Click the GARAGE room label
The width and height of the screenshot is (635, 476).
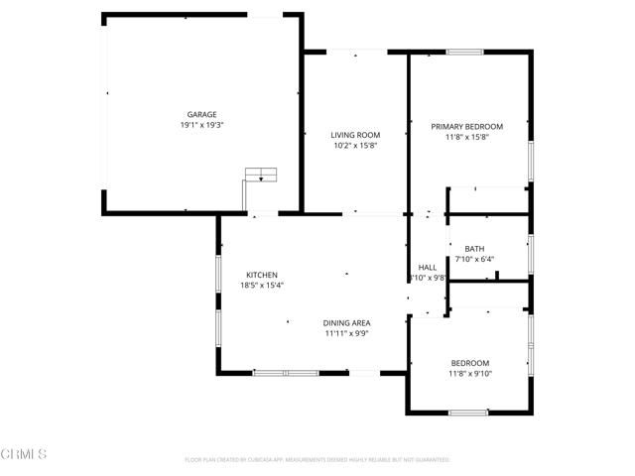pyautogui.click(x=201, y=114)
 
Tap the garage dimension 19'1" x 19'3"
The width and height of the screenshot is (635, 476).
pyautogui.click(x=201, y=126)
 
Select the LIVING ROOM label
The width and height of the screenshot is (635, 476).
pyautogui.click(x=356, y=135)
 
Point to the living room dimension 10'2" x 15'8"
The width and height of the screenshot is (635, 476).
pyautogui.click(x=356, y=146)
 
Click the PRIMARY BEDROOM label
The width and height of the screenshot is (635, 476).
pyautogui.click(x=466, y=126)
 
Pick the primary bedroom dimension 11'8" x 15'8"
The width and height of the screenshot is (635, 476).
pyautogui.click(x=466, y=137)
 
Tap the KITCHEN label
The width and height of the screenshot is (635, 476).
pyautogui.click(x=262, y=275)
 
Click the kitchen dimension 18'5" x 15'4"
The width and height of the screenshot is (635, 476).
pyautogui.click(x=262, y=286)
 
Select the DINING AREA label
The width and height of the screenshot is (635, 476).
pyautogui.click(x=346, y=323)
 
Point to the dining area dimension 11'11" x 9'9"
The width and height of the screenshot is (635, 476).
pyautogui.click(x=346, y=334)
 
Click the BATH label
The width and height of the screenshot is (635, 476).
pyautogui.click(x=474, y=249)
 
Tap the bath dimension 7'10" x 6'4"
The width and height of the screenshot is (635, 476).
pyautogui.click(x=474, y=260)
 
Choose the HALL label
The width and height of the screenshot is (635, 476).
pyautogui.click(x=428, y=268)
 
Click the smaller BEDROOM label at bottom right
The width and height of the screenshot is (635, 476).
pyautogui.click(x=469, y=363)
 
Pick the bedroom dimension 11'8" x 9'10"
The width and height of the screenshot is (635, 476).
pyautogui.click(x=469, y=374)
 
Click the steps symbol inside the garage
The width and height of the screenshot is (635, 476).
pyautogui.click(x=262, y=176)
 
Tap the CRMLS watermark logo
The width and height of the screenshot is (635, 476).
pyautogui.click(x=24, y=453)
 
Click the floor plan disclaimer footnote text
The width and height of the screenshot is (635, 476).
pyautogui.click(x=317, y=460)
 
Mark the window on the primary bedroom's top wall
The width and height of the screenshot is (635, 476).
pyautogui.click(x=464, y=52)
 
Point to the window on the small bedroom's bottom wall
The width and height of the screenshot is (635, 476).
pyautogui.click(x=467, y=413)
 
